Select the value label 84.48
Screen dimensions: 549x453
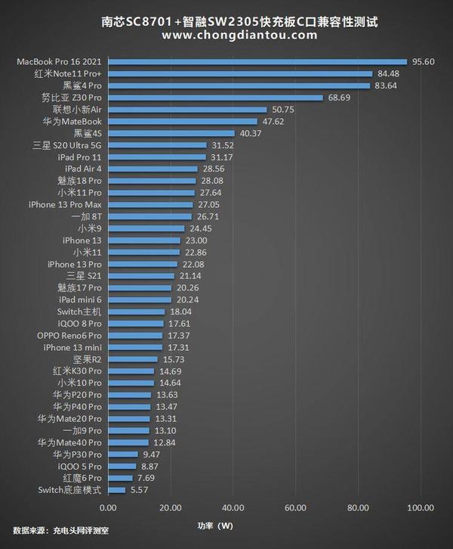388,74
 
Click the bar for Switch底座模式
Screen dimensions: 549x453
117,490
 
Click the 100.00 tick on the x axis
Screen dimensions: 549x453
421,507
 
